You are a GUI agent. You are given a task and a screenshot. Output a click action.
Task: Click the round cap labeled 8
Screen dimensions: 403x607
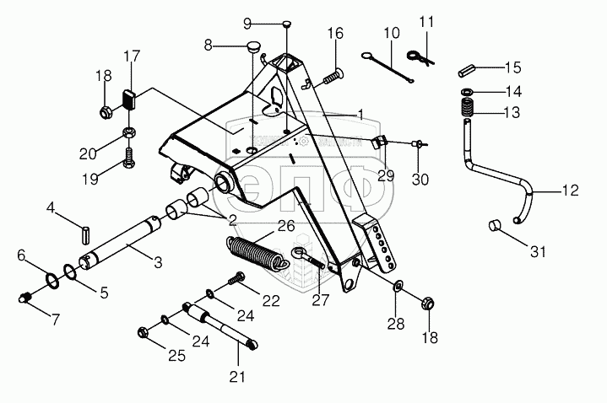[252, 47]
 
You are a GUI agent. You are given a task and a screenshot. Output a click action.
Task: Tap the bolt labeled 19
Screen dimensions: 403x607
[128, 158]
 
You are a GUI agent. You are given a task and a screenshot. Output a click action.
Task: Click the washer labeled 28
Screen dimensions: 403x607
[397, 291]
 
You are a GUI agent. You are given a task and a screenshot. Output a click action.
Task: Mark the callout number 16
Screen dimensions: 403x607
[335, 34]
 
